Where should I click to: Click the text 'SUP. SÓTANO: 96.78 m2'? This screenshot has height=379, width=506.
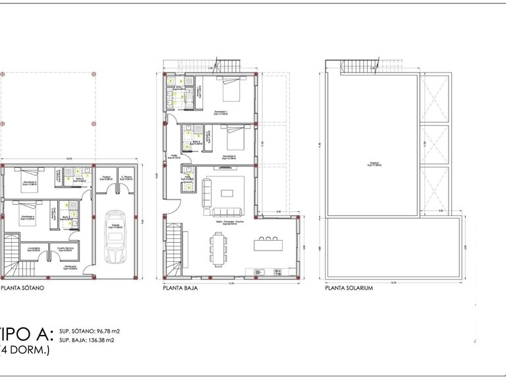point(90,331)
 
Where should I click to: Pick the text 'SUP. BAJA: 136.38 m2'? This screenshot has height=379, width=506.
point(86,341)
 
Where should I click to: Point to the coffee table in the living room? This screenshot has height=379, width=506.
point(228,193)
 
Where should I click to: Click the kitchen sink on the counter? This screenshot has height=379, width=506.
point(258,271)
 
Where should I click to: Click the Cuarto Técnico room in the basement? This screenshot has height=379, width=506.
point(65,250)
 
